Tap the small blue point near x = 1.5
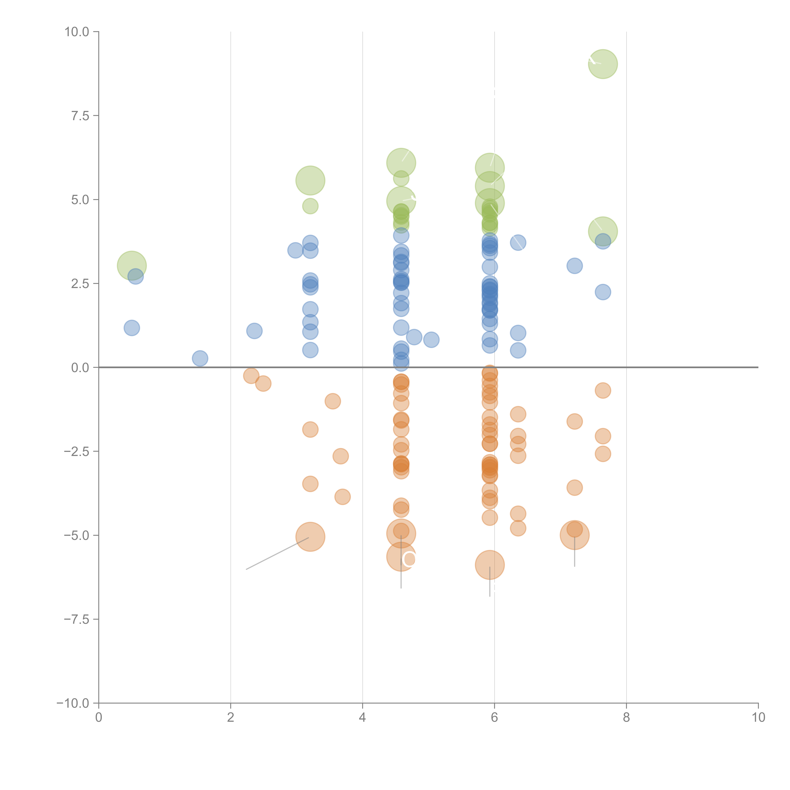[x=200, y=358]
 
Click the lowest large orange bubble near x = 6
[x=489, y=565]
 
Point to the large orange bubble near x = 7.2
[x=574, y=535]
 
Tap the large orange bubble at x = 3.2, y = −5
[x=310, y=537]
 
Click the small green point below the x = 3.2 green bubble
[x=310, y=206]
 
